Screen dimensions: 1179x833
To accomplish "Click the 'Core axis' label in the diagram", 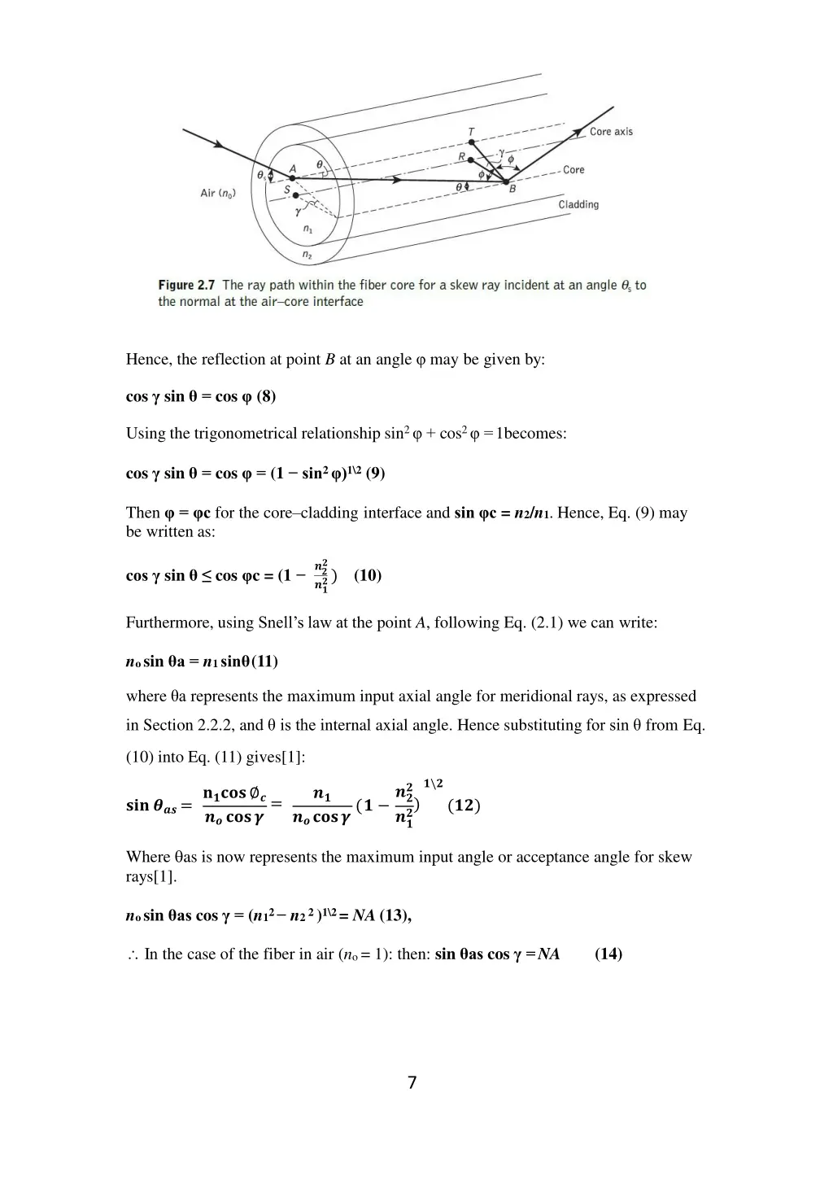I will pos(611,132).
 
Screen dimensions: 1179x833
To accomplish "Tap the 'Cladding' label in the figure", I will pos(578,205).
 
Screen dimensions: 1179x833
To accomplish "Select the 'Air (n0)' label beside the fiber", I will pos(217,193).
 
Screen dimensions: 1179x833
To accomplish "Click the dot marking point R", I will pos(469,159).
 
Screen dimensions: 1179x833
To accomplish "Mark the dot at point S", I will pos(295,195).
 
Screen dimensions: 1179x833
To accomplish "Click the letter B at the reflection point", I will pos(512,190).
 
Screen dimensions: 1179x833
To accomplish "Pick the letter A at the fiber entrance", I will pos(293,169).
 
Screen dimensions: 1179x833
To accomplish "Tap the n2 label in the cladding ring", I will pos(307,255).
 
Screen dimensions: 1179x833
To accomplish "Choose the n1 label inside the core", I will pos(308,229).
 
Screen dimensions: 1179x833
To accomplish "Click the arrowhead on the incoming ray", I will pos(219,145).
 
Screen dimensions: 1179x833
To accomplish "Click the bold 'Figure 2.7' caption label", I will pos(187,286).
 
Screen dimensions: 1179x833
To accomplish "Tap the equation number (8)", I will pos(266,397).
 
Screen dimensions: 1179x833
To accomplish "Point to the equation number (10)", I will pos(368,575).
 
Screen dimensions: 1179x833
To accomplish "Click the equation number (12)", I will pos(464,806).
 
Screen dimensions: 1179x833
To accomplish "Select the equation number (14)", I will pos(608,954).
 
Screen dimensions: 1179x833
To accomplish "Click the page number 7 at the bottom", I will pos(412,1082).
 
